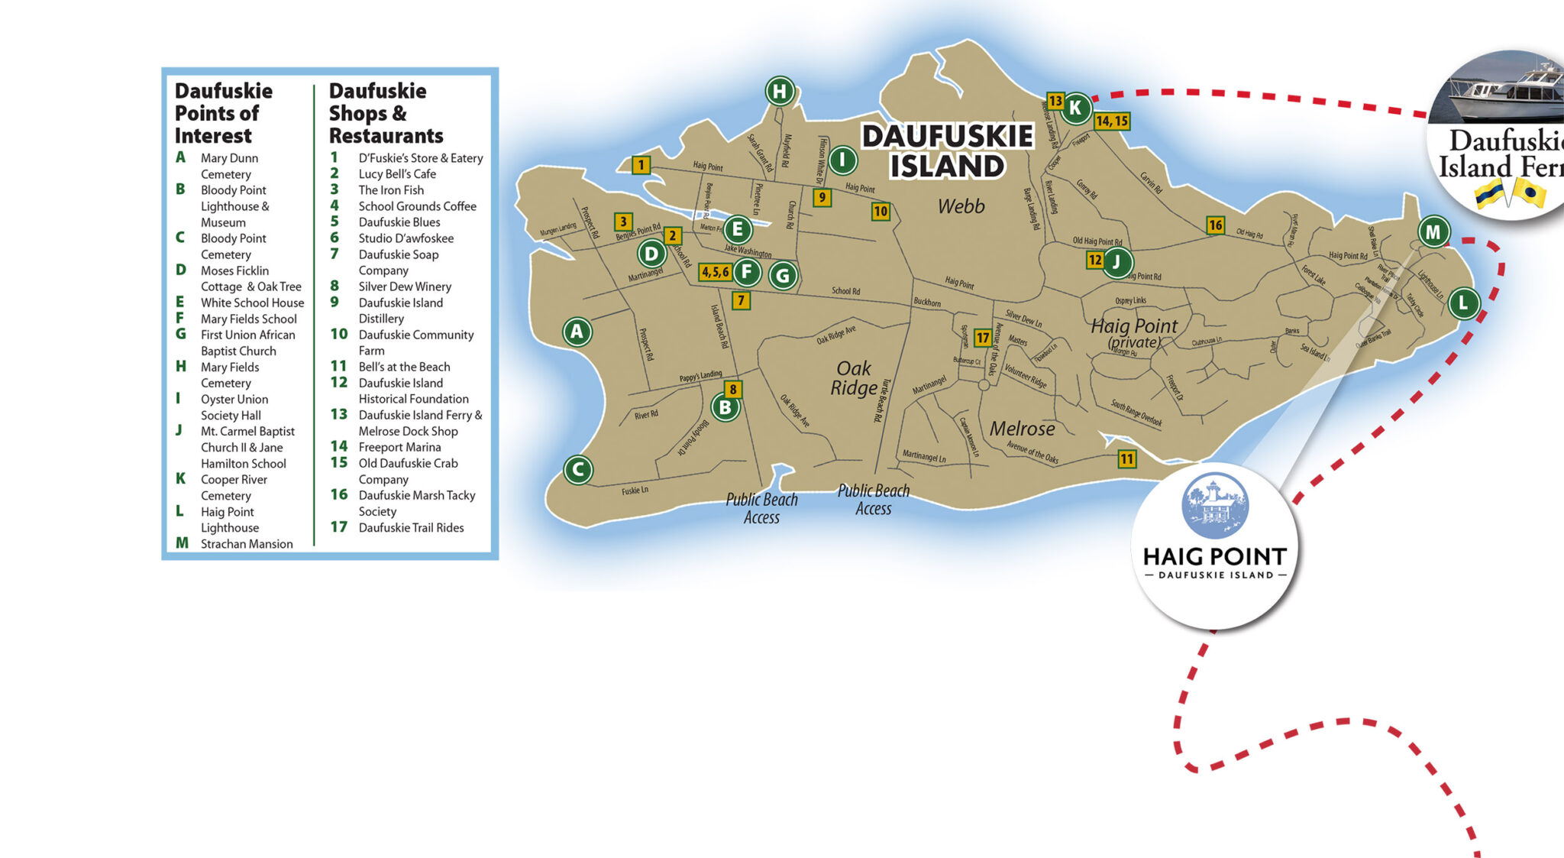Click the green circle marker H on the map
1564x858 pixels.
pos(780,92)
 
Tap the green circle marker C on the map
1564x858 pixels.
pos(578,470)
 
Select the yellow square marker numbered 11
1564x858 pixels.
pos(1126,458)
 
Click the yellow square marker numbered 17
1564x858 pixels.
pos(983,338)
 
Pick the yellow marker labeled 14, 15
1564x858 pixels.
pos(1111,121)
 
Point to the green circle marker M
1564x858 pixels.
pos(1433,231)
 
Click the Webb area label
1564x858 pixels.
pos(961,206)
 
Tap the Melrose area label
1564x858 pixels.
pos(1022,429)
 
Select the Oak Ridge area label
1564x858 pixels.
pos(854,378)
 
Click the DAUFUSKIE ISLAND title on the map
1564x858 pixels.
pos(947,151)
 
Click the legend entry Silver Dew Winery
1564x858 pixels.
pos(405,287)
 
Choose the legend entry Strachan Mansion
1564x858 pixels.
pos(246,544)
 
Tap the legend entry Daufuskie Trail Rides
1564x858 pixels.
pos(411,528)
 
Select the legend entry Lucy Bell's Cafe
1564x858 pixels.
pos(397,174)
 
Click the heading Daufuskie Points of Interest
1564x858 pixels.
pos(223,113)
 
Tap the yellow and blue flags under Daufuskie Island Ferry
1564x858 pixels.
pos(1510,193)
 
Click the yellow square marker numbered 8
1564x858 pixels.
pos(732,389)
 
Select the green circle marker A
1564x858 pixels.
pos(577,332)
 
